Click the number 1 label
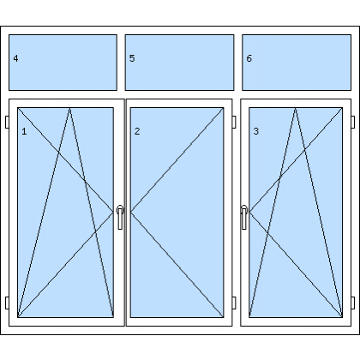[x=24, y=131]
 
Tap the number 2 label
[x=137, y=131]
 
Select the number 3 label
[x=256, y=131]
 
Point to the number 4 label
[x=15, y=58]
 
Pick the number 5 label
[x=132, y=58]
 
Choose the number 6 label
[x=249, y=58]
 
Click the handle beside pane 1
[x=120, y=217]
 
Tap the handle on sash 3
[x=244, y=217]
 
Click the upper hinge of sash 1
[x=7, y=122]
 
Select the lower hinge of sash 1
[x=7, y=303]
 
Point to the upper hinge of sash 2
[x=234, y=122]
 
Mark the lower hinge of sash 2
[x=234, y=303]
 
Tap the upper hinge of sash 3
[x=353, y=122]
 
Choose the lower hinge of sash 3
[x=353, y=303]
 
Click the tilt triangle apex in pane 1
[x=69, y=108]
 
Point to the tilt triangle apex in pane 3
[x=296, y=108]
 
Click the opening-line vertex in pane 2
[x=131, y=212]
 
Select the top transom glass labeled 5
[x=179, y=63]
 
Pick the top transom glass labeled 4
[x=63, y=63]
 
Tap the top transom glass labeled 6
[x=297, y=63]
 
